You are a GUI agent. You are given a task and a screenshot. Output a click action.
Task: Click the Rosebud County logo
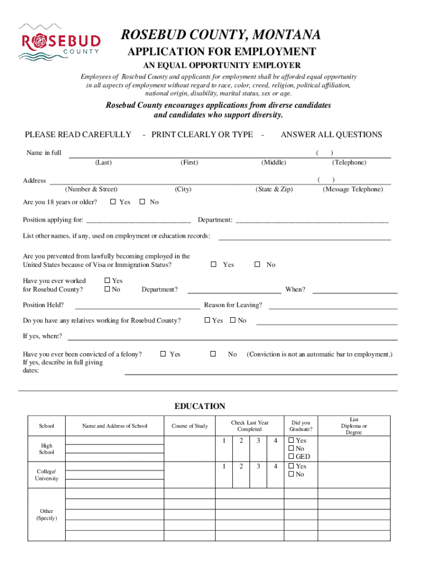(x=60, y=41)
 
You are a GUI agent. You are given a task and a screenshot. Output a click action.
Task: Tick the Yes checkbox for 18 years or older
(x=113, y=202)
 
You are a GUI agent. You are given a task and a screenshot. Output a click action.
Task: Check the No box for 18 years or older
(x=142, y=202)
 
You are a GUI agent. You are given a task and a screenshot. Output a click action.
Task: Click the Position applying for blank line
(x=138, y=221)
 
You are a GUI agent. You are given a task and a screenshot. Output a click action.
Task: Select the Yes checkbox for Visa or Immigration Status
(x=214, y=265)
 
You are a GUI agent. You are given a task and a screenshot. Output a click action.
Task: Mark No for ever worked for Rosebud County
(x=107, y=289)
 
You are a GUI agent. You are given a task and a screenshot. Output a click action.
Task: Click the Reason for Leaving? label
(x=233, y=305)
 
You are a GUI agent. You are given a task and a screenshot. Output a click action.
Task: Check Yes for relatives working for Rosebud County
(x=208, y=321)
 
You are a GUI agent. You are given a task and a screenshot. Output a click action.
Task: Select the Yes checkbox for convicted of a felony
(x=163, y=354)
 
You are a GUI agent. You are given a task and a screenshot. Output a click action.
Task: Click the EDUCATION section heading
(x=200, y=406)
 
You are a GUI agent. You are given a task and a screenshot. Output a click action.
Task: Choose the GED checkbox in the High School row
(x=291, y=457)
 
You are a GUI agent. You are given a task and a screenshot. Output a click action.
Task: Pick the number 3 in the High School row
(x=258, y=441)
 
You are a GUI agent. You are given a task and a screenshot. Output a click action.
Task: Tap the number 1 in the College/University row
(x=224, y=466)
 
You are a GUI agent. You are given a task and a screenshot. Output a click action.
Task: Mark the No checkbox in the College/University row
(x=291, y=475)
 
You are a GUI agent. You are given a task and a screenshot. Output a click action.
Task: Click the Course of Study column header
(x=189, y=426)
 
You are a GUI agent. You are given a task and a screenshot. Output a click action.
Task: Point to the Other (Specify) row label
(x=46, y=515)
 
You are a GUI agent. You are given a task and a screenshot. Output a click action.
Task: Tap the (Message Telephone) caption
(x=352, y=189)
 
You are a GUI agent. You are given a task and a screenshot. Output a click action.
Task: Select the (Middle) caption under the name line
(x=274, y=162)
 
